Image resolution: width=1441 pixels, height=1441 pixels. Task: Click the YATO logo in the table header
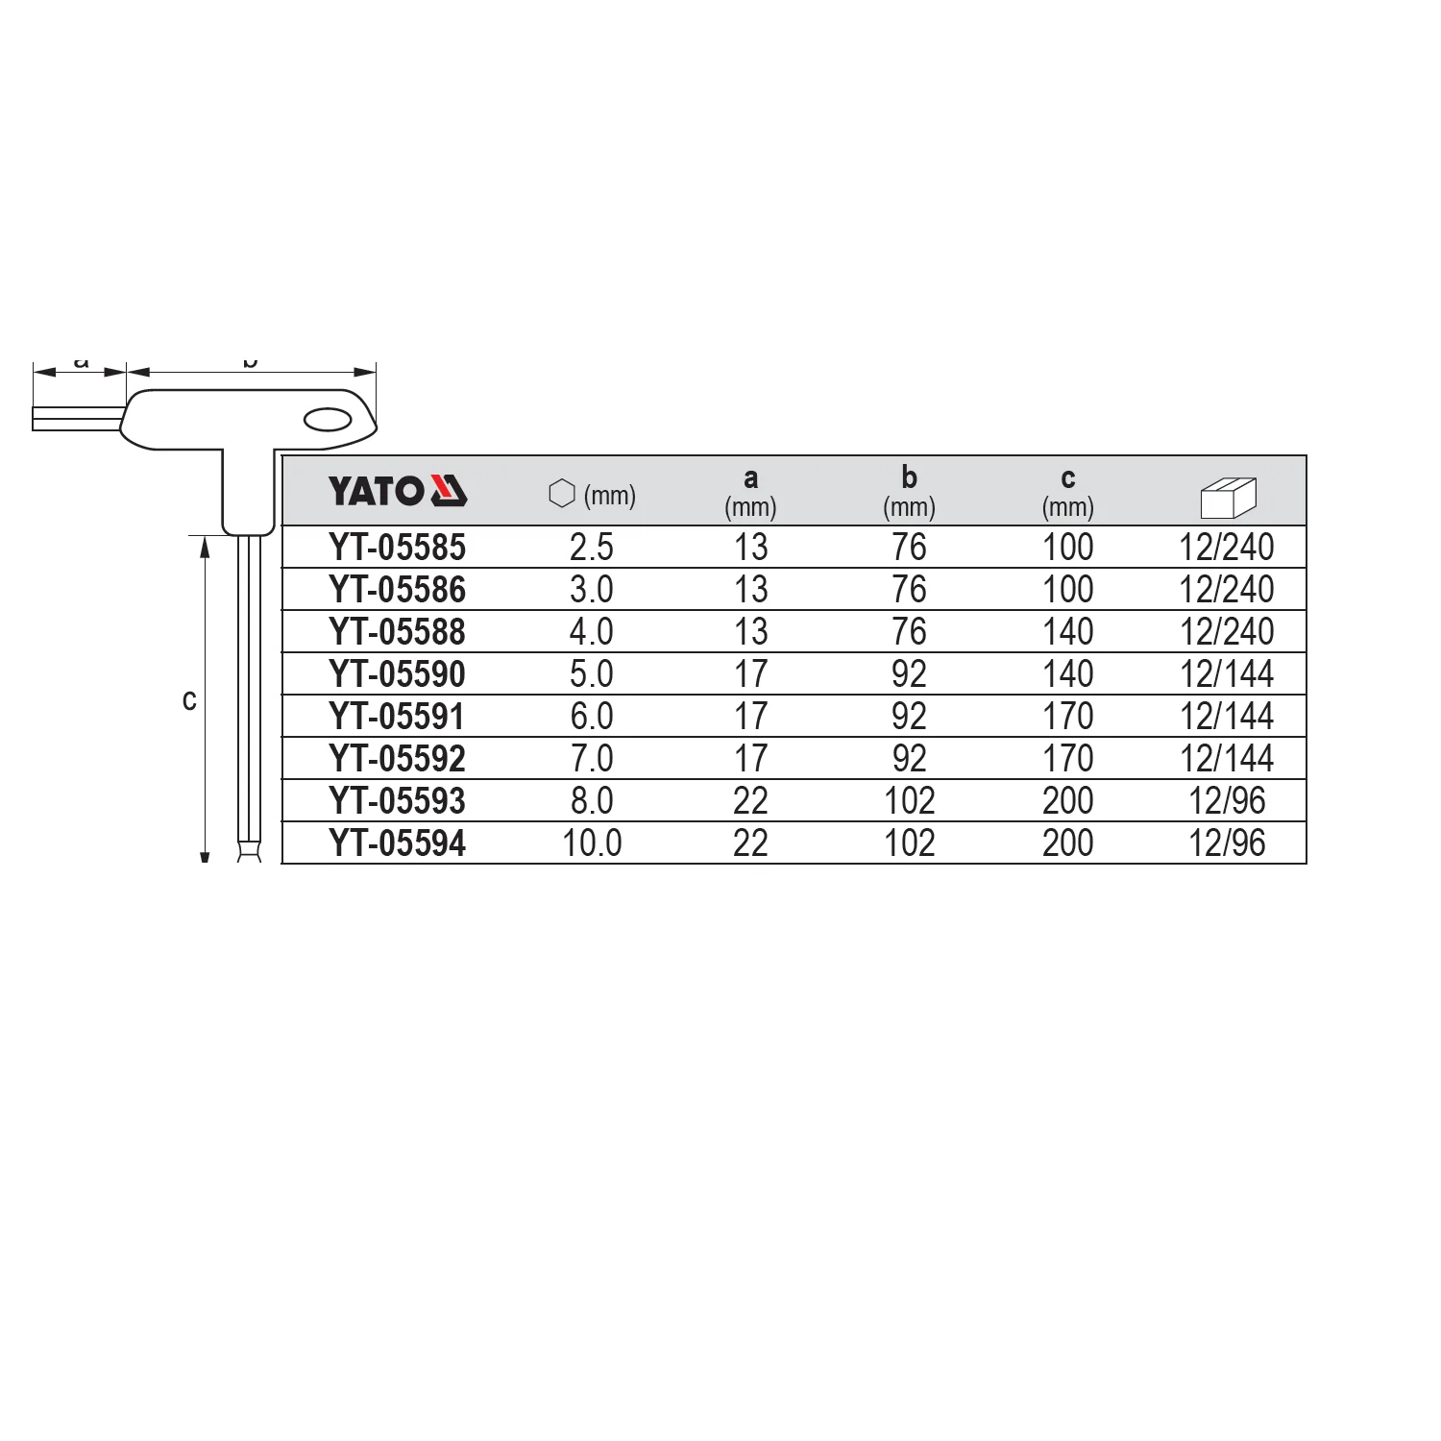398,491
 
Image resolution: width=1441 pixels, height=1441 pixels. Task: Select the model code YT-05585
397,548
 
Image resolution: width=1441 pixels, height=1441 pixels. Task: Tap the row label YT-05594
397,843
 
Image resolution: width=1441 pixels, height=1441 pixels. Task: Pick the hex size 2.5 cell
592,548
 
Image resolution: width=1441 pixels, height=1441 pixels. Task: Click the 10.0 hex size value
592,843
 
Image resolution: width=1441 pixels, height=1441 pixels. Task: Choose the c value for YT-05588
1068,632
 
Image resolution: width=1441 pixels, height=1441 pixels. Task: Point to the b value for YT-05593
909,801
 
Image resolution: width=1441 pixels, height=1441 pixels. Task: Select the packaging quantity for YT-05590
1227,674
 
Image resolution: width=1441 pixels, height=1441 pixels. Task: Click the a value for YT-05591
750,717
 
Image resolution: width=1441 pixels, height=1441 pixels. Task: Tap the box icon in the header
1229,497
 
